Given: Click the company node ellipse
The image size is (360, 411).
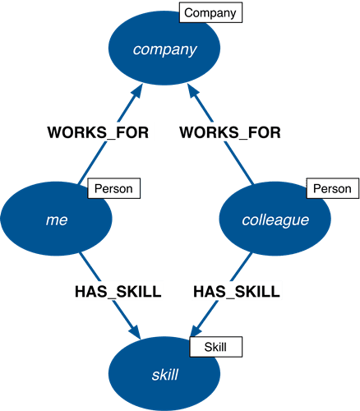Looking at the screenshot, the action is (164, 48).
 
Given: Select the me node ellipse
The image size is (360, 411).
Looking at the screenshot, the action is (56, 219).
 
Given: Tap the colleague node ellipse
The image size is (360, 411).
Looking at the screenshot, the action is (275, 219).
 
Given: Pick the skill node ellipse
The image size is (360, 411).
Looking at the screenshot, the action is (164, 374).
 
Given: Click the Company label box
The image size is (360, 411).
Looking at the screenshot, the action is (210, 12).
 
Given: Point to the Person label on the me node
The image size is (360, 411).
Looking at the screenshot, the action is (113, 188).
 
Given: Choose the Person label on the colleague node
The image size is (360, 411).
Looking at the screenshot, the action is (333, 188).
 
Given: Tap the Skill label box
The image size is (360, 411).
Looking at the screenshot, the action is (216, 347).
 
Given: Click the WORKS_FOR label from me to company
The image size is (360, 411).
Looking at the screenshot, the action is (98, 132).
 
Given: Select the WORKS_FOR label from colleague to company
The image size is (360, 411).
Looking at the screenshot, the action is (230, 132).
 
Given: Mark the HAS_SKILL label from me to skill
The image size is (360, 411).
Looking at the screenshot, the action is (118, 292).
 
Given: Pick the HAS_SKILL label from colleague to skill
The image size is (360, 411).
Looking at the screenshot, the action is (237, 292).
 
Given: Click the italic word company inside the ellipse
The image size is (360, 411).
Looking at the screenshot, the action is (165, 50).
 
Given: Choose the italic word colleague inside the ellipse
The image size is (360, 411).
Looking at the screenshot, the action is (275, 220).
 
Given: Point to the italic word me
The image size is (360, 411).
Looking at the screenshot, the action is (57, 220).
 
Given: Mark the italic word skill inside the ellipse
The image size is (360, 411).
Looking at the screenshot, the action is (165, 374).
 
